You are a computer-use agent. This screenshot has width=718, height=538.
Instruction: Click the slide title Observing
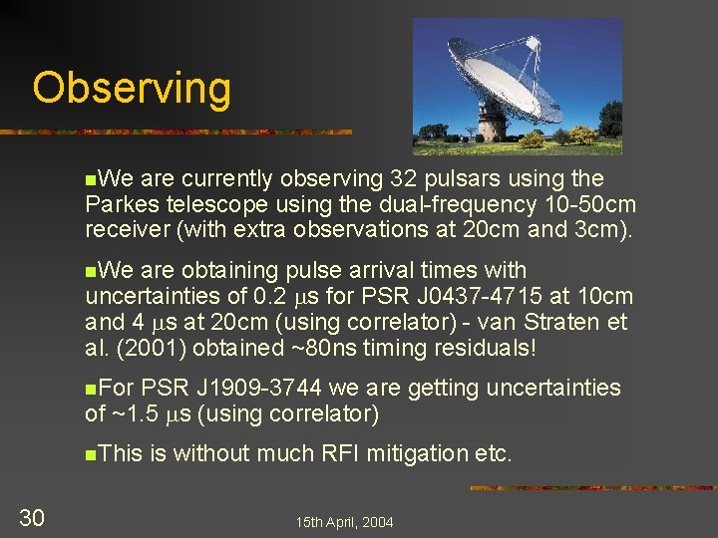131,88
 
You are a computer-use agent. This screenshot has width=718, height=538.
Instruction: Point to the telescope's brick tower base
490,125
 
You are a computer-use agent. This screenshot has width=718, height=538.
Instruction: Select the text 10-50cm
590,205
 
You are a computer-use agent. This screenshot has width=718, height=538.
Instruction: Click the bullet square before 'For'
91,389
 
